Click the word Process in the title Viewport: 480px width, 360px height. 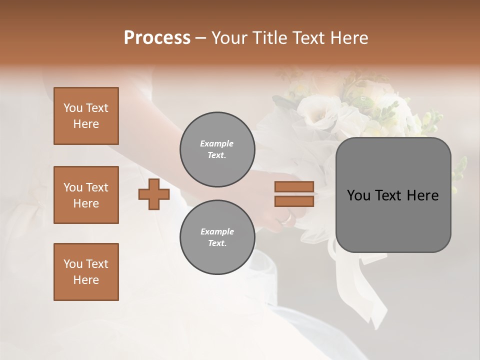tap(157, 38)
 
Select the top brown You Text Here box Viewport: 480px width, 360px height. tap(86, 116)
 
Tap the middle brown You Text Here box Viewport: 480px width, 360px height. tap(86, 195)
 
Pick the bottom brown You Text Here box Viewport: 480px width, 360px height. tap(86, 272)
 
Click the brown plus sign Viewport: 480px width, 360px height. tap(154, 194)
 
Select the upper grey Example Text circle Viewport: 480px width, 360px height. tap(217, 149)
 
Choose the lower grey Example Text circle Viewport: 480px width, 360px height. tap(217, 237)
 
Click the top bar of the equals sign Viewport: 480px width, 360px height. tap(294, 187)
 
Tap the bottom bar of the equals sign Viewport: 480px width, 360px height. tap(294, 201)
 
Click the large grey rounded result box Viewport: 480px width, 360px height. tap(393, 195)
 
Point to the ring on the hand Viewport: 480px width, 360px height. tap(286, 218)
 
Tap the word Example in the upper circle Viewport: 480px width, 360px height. tap(217, 143)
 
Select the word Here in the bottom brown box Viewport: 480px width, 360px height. tap(86, 280)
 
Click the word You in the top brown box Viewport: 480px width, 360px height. tap(72, 108)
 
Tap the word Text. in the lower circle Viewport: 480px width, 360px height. tap(217, 243)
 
